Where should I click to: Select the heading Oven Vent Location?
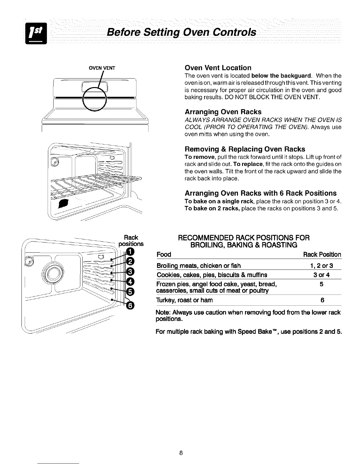coord(218,68)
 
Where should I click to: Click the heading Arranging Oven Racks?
coord(223,112)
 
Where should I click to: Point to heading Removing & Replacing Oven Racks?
coord(245,149)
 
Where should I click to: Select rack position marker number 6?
coord(130,306)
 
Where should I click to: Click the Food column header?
coord(164,254)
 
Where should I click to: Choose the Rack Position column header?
coord(322,254)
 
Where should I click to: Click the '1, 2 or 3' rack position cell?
coord(321,266)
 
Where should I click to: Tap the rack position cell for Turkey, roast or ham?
coord(322,300)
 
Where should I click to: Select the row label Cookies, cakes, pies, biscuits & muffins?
coord(212,275)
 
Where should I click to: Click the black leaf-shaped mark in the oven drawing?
coord(64,203)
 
